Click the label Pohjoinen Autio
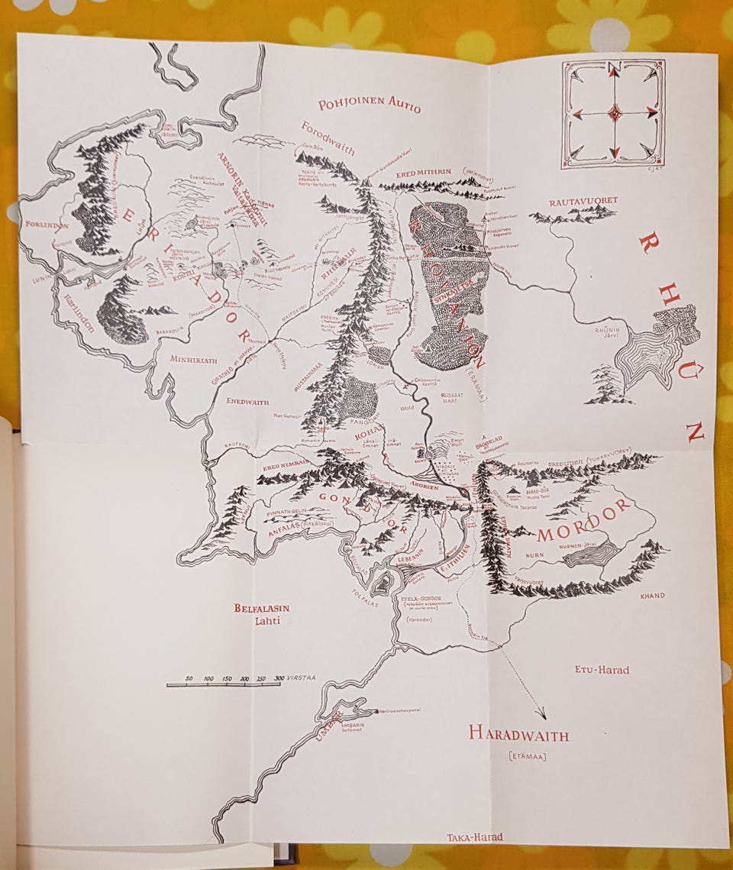[x=370, y=105]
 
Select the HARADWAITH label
[x=519, y=735]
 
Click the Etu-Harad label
[x=602, y=670]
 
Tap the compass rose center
[x=614, y=113]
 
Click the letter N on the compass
[x=614, y=67]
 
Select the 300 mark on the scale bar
[x=278, y=678]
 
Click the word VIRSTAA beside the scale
[x=301, y=678]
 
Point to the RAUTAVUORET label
[x=583, y=200]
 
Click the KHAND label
[x=653, y=595]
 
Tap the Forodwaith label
[x=328, y=137]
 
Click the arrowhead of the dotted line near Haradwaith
[x=542, y=716]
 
